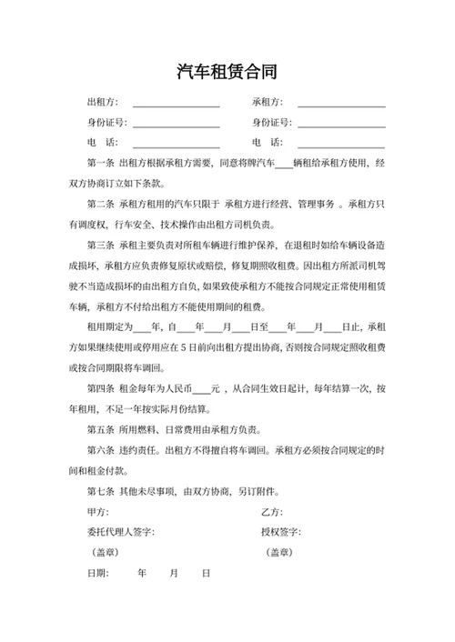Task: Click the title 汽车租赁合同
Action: click(227, 71)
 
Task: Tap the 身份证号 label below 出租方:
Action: click(106, 123)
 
